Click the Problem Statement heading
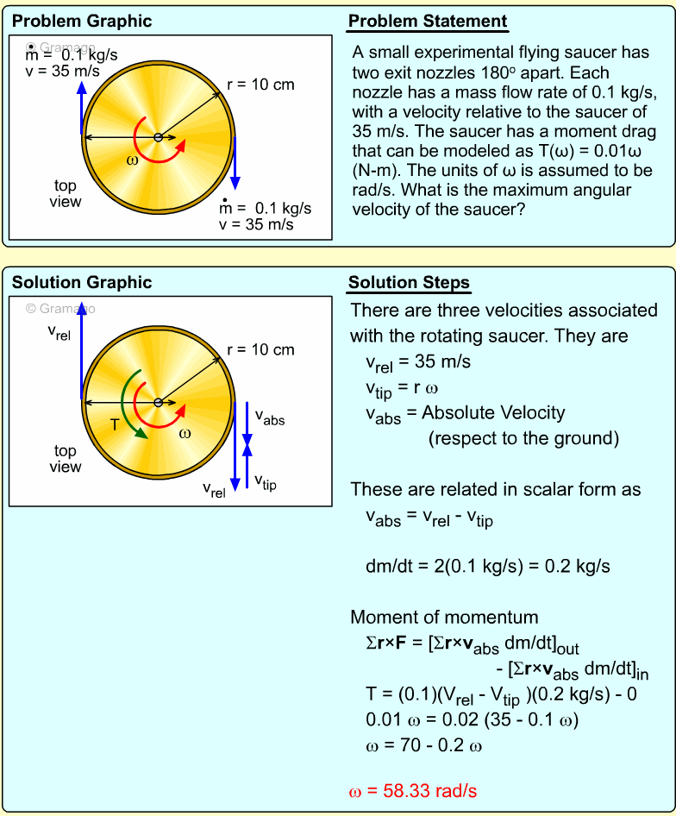(428, 22)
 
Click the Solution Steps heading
(409, 282)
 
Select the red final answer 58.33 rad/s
(413, 790)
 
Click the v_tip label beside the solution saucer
(266, 482)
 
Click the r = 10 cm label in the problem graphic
(260, 85)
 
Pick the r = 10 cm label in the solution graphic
(260, 349)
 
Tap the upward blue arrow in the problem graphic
(81, 108)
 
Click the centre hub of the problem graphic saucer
(158, 138)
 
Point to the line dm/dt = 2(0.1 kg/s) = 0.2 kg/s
(488, 566)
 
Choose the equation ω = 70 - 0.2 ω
(423, 744)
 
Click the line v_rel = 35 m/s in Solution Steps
(418, 362)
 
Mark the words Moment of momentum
(444, 617)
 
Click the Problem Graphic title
(82, 22)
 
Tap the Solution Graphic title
(82, 282)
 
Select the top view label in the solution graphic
(66, 459)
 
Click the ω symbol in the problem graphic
(131, 160)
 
